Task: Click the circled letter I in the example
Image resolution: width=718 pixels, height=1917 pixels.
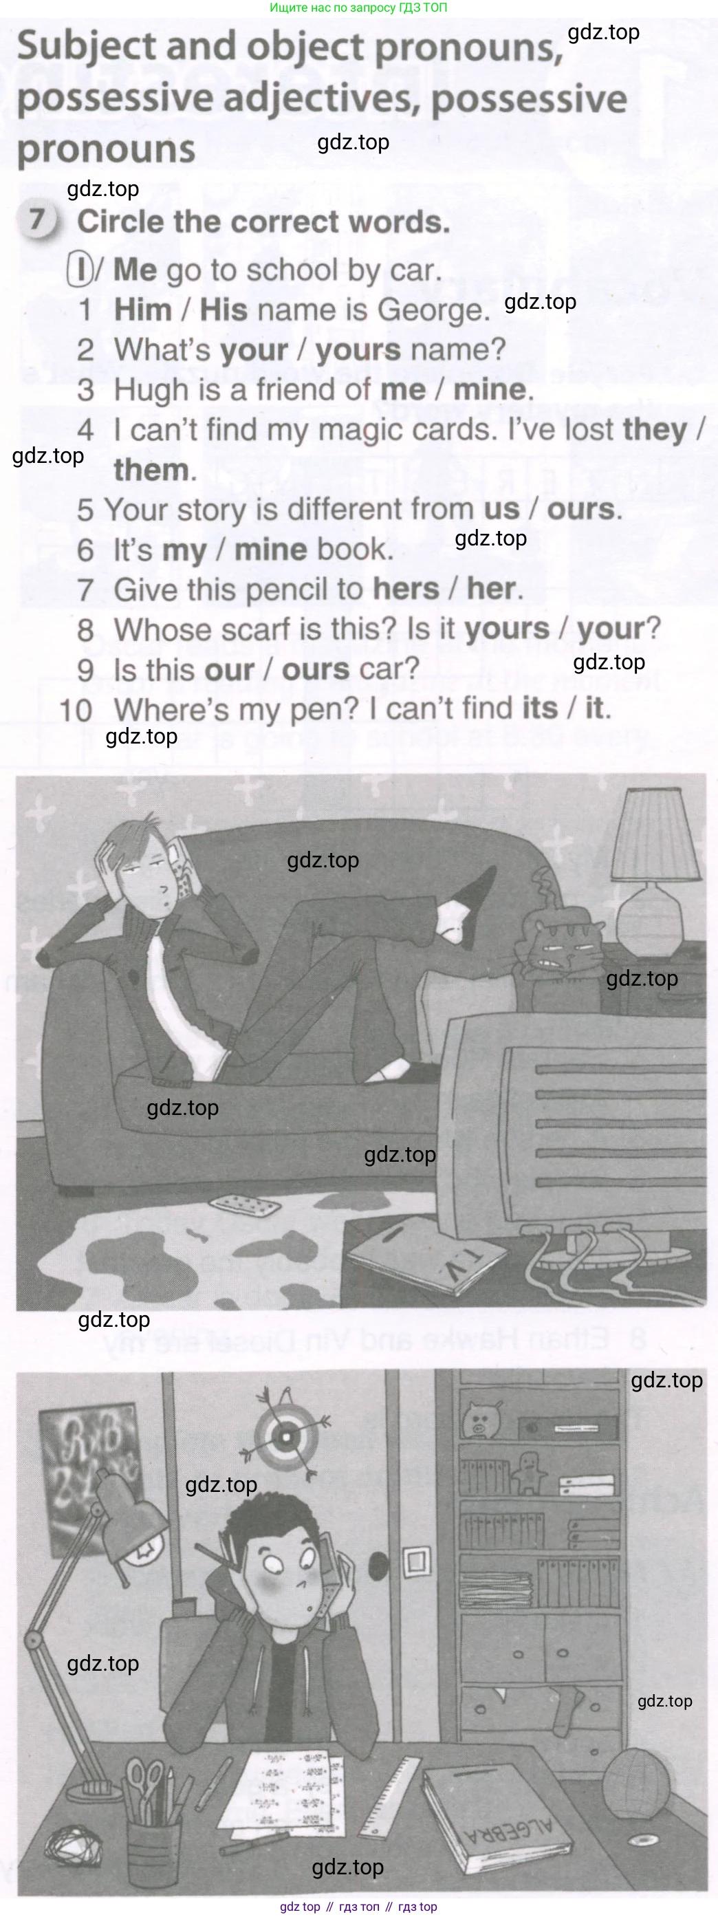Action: [79, 270]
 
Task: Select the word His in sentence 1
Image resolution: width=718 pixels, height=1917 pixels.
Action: [224, 309]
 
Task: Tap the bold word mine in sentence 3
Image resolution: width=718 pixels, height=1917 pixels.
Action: [489, 389]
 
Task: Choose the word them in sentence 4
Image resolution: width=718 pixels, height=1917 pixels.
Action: [151, 470]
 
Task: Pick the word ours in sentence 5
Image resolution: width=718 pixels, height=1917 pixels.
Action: [581, 510]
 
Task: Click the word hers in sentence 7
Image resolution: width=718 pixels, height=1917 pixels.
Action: [406, 589]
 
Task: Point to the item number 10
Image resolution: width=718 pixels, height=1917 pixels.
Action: [76, 710]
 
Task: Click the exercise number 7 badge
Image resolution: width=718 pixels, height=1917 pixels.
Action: [38, 221]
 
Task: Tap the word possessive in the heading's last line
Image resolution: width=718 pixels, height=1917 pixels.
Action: [529, 99]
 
